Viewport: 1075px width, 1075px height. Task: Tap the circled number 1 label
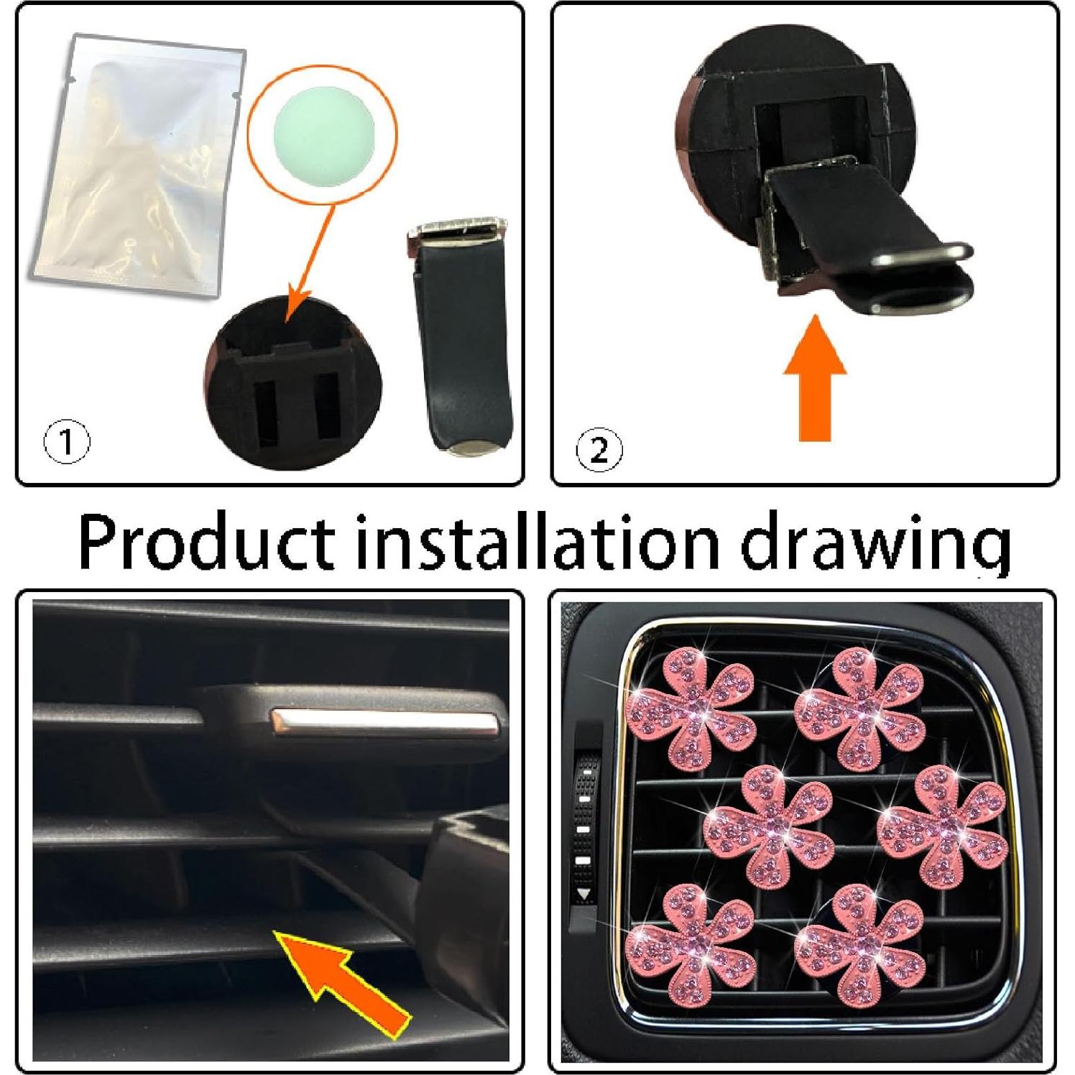click(x=67, y=442)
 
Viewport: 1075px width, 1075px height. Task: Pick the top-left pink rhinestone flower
click(x=691, y=708)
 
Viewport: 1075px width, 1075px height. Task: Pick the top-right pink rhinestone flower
click(x=859, y=708)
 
